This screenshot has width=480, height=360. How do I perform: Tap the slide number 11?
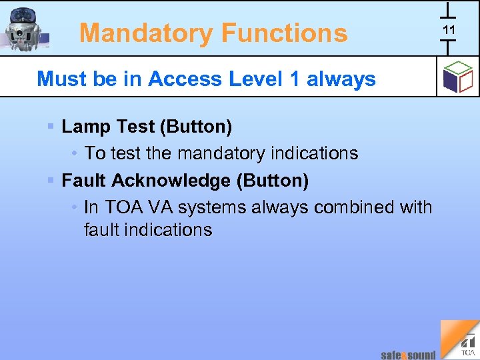pos(449,29)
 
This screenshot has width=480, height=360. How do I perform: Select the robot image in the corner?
pos(25,29)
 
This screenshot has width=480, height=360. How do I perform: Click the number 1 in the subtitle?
pos(294,79)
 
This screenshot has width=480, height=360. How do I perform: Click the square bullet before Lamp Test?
pos(51,125)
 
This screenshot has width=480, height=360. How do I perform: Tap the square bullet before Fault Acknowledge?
pos(51,180)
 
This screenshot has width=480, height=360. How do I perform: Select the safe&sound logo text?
pos(408,355)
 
